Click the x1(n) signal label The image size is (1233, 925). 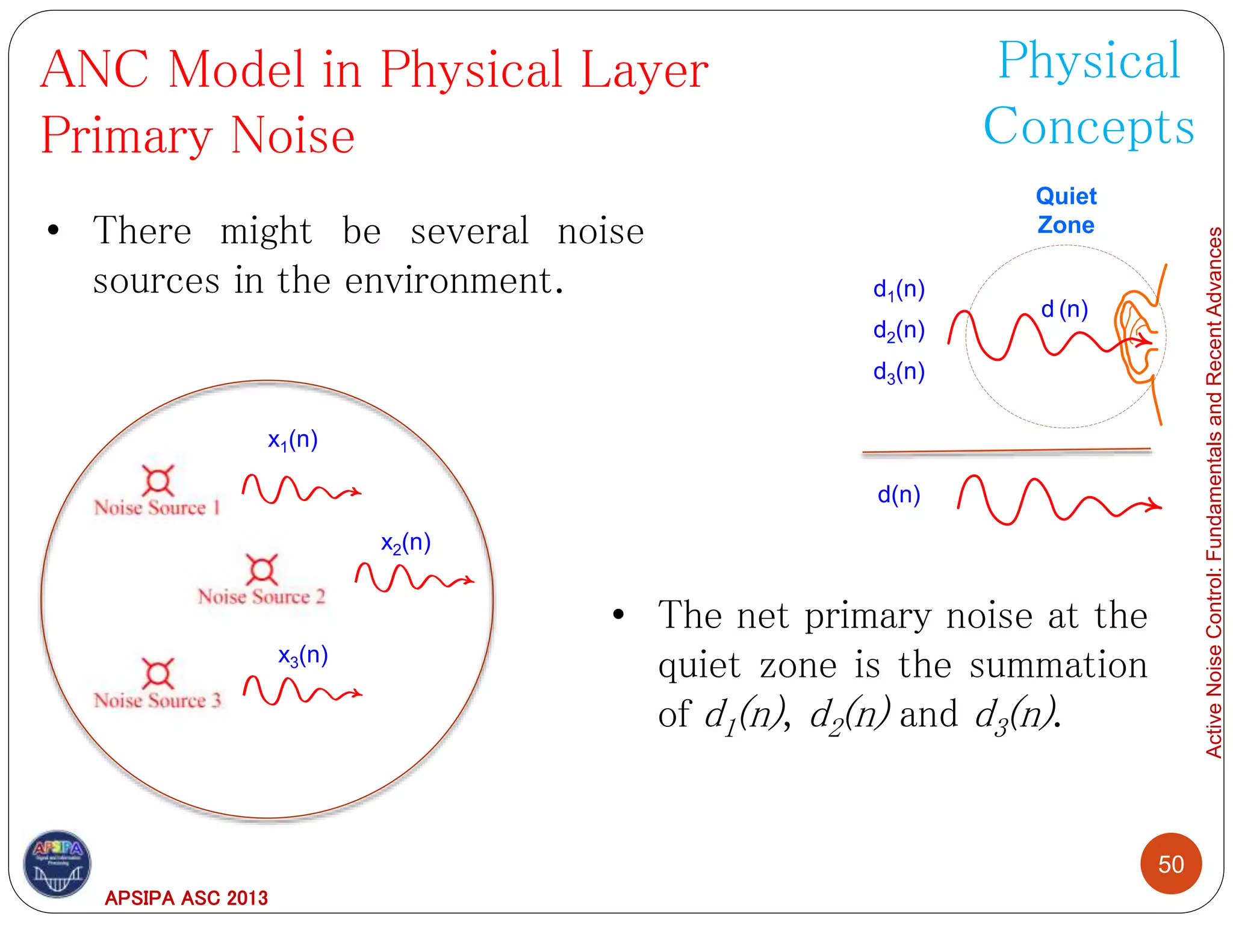coord(293,441)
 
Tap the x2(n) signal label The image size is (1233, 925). coord(406,543)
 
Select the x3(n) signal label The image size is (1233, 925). coord(303,656)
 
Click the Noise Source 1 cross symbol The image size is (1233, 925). coord(158,481)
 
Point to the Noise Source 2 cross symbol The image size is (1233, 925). coord(262,569)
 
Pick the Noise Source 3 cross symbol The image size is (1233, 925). coord(158,673)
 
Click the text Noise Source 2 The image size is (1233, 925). coord(261,597)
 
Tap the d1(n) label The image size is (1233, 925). coord(898,290)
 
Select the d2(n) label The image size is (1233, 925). coord(898,331)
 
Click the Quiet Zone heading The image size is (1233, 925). coord(1066,210)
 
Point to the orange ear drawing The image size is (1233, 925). coord(1135,337)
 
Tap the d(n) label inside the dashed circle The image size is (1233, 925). coord(1064,310)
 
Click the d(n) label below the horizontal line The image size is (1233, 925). coord(898,495)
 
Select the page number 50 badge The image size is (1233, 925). coord(1170,864)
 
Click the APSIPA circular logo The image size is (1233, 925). coord(57,864)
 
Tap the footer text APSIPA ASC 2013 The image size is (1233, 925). coord(186,898)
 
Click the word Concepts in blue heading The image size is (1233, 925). coord(1089,126)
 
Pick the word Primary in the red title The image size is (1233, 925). coord(126,135)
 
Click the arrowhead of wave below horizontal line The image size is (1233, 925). coord(1155,505)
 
